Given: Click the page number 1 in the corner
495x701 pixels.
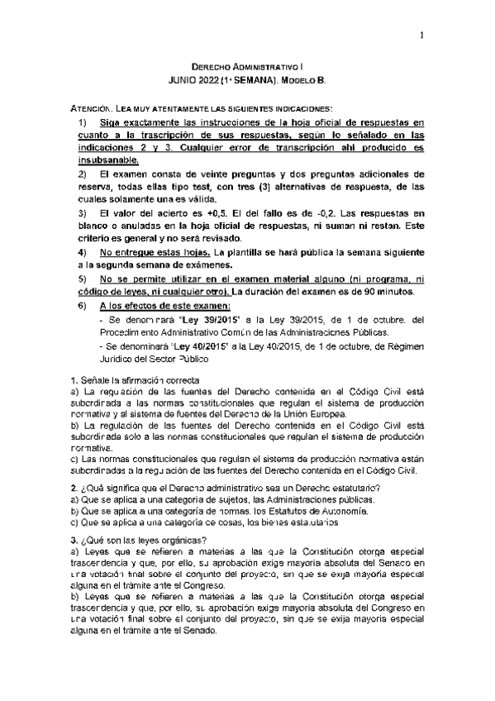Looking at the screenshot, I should [421, 35].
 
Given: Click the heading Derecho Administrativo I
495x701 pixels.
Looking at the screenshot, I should [248, 64].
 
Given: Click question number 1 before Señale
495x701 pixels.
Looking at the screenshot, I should [73, 379].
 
